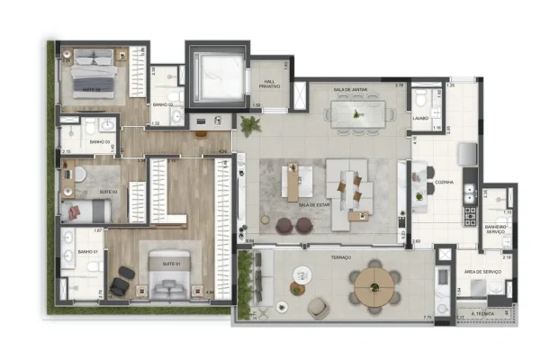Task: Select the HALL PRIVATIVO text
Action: tap(267, 84)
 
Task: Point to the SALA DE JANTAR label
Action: tap(348, 89)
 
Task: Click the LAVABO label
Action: tap(419, 118)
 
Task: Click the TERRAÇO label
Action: tap(340, 258)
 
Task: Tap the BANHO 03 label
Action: tap(98, 141)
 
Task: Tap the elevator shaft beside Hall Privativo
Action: tap(216, 71)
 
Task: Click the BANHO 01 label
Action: tap(87, 252)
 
